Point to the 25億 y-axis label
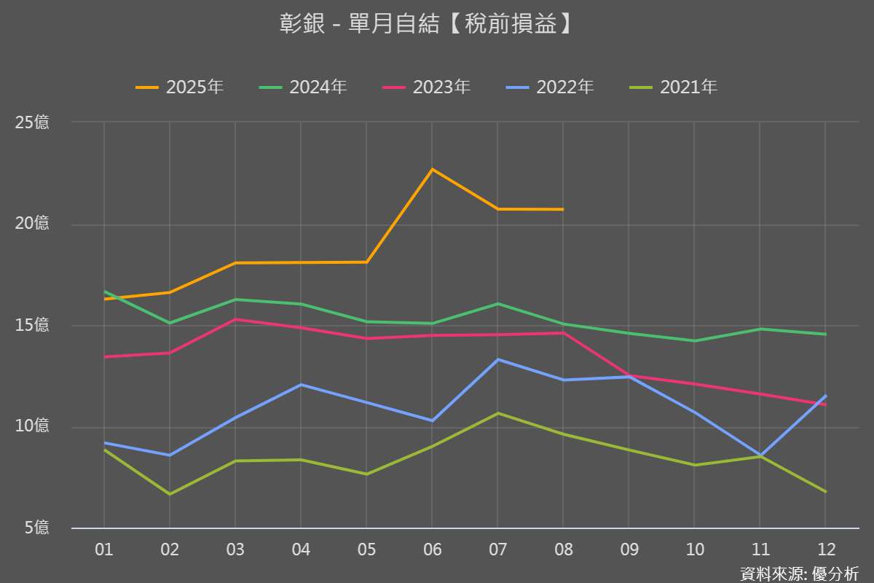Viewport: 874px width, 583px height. click(x=32, y=122)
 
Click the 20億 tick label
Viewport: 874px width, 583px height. click(x=32, y=224)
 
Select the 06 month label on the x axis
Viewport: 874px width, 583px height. click(x=432, y=549)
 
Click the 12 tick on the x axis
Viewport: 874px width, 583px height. click(x=825, y=549)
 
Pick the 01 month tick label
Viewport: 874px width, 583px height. click(x=104, y=549)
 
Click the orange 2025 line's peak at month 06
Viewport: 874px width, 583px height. click(x=432, y=169)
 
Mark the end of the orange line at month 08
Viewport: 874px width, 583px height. click(x=563, y=209)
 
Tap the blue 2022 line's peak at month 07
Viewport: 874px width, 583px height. click(x=497, y=359)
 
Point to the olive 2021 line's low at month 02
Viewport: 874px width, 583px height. click(x=170, y=494)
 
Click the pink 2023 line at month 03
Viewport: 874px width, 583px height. click(x=235, y=319)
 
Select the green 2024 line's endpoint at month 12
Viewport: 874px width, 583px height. click(x=825, y=334)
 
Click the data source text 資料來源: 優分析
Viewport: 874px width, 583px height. click(x=799, y=574)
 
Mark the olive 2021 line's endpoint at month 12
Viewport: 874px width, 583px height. click(x=825, y=492)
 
